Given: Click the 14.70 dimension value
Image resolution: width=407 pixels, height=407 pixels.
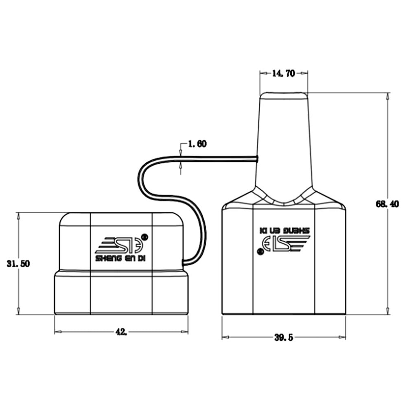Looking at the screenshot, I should (x=283, y=73).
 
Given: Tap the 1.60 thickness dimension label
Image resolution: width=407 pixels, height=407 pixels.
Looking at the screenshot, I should (x=197, y=144).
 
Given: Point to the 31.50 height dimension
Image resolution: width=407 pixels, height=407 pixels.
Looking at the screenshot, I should (x=18, y=263).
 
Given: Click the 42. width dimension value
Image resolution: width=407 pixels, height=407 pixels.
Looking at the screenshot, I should (x=121, y=332).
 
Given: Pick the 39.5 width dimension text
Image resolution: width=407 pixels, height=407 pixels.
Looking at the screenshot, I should (x=283, y=337).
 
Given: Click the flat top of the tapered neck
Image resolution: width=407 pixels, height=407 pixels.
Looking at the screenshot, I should (x=284, y=93).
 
